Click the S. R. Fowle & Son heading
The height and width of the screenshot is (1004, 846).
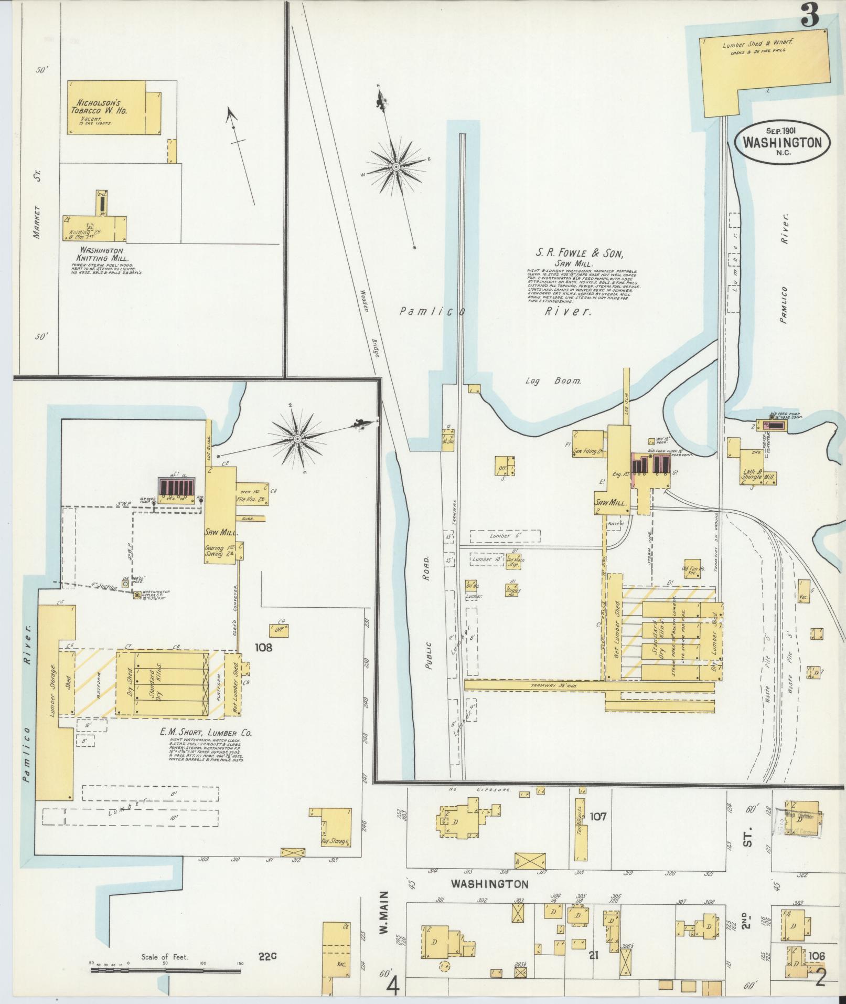click(x=579, y=254)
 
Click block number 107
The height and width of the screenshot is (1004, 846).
click(x=597, y=817)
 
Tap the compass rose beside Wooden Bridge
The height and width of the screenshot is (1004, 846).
click(x=397, y=167)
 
